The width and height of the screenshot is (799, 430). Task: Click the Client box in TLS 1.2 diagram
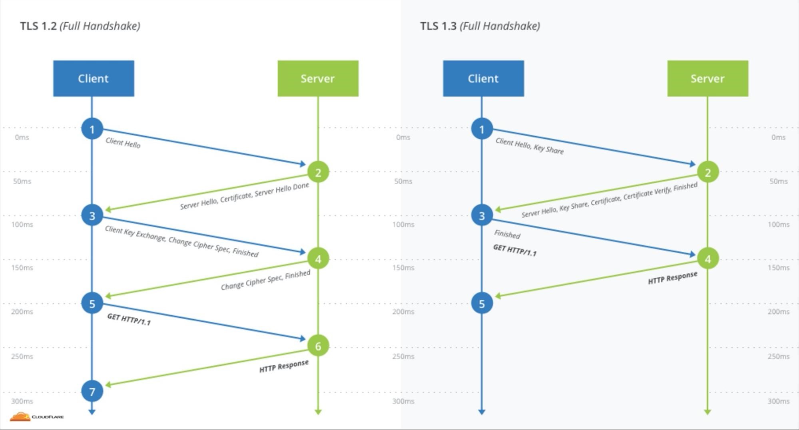click(x=94, y=78)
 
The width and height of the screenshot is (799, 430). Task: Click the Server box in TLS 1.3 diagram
click(x=707, y=78)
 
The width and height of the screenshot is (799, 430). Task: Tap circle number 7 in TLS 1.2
click(x=92, y=391)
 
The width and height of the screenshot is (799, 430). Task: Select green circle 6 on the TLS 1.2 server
click(x=318, y=346)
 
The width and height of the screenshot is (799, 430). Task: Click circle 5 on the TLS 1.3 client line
click(x=482, y=303)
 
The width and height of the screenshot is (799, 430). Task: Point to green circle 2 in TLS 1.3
click(x=707, y=172)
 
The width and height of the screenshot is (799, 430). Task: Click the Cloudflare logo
click(x=36, y=417)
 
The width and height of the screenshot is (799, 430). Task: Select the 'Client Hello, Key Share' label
click(x=529, y=146)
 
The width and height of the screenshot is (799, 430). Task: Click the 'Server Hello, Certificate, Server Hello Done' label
click(x=244, y=196)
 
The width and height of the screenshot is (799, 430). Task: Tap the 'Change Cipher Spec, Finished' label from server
click(x=265, y=280)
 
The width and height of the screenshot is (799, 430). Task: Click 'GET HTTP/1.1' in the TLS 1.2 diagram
click(x=129, y=319)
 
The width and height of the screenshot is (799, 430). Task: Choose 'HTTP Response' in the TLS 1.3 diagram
click(x=672, y=278)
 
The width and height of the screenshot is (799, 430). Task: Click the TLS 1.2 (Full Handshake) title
click(x=80, y=26)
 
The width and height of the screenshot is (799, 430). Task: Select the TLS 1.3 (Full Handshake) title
click(x=480, y=26)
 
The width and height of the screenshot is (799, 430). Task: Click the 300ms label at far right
click(x=778, y=401)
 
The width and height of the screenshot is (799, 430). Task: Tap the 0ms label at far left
click(x=22, y=137)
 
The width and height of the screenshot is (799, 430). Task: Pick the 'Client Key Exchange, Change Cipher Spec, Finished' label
click(x=181, y=241)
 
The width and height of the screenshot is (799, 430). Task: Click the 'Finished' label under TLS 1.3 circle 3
click(x=507, y=234)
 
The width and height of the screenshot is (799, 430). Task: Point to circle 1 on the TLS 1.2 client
click(x=92, y=129)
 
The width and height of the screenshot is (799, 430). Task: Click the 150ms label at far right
click(x=778, y=267)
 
